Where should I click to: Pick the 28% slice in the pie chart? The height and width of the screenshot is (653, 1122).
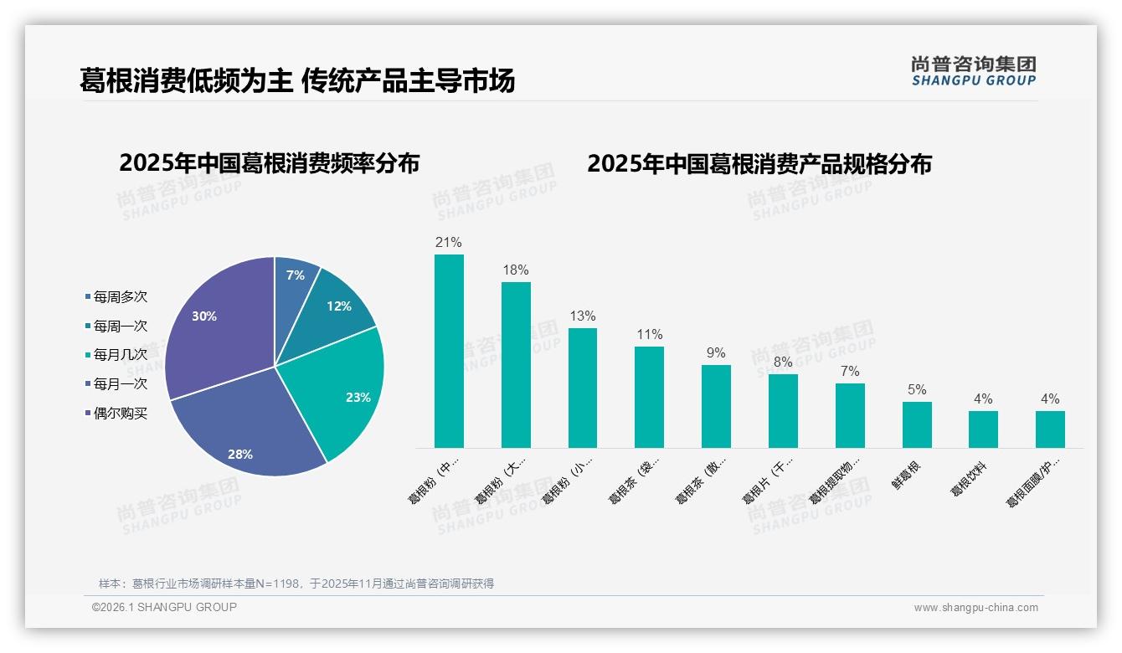click(x=247, y=435)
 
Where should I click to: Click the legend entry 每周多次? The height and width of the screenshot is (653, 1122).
click(x=120, y=297)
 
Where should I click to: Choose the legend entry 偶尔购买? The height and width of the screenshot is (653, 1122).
click(x=120, y=414)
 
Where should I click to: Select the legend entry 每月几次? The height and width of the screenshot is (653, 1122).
click(x=120, y=355)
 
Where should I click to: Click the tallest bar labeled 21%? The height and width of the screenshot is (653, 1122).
click(x=449, y=352)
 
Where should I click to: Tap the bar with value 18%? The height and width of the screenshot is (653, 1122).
click(x=516, y=365)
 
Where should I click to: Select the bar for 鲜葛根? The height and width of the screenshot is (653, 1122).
click(x=917, y=425)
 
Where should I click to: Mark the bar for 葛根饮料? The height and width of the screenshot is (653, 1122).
click(x=983, y=429)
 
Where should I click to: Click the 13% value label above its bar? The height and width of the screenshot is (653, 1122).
click(x=583, y=316)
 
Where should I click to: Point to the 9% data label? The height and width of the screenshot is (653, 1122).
click(x=716, y=353)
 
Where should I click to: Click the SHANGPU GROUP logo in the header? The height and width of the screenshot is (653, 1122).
click(x=974, y=71)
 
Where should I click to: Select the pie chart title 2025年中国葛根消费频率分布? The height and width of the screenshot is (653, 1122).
click(x=269, y=163)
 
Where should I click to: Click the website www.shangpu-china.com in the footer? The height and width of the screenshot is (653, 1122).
click(x=975, y=608)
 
